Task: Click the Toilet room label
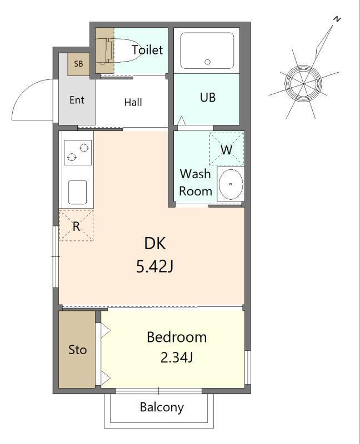click(x=147, y=50)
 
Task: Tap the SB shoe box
click(x=78, y=64)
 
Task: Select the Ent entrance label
click(x=77, y=100)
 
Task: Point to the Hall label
click(x=133, y=102)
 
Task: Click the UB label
click(x=208, y=98)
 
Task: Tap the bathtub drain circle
click(x=207, y=62)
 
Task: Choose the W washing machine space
click(x=227, y=149)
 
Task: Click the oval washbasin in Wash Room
click(x=231, y=184)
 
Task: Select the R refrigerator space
click(x=76, y=225)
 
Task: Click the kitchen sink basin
click(x=77, y=192)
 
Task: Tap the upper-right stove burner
click(x=84, y=148)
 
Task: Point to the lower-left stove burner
click(x=72, y=157)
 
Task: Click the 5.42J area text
click(x=155, y=267)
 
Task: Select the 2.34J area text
click(x=177, y=357)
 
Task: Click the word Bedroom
click(x=177, y=337)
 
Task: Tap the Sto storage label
click(x=77, y=350)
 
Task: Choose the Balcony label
click(x=162, y=407)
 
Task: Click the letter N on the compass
click(x=337, y=19)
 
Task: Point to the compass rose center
click(x=303, y=84)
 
